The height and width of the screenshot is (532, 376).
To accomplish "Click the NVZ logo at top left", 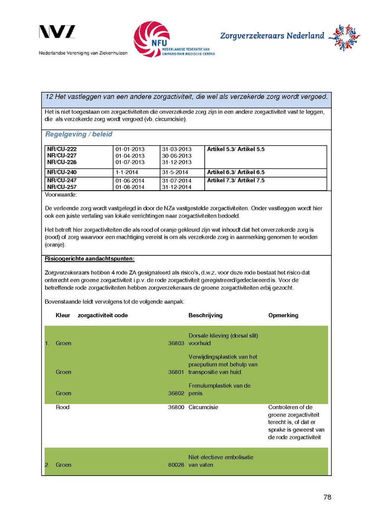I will pos(57,32).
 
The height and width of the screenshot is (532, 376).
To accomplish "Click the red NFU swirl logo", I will pos(151,39).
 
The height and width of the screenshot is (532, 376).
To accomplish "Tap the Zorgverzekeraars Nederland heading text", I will pos(272,36).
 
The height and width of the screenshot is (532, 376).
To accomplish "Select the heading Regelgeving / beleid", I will pos(79,135).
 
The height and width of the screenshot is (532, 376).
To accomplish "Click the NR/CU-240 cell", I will pos(62,172).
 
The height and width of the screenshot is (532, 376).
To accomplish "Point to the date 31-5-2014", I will pos(175,172).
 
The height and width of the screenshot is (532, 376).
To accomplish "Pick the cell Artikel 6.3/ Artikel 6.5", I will pos(236,172).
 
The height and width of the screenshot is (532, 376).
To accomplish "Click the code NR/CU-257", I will pos(62,187).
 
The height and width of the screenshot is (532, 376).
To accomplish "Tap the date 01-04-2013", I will pos(130,155).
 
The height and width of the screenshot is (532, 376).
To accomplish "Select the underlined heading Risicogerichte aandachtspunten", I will pos(89,259).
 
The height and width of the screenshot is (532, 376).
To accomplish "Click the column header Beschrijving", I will pos(206,316).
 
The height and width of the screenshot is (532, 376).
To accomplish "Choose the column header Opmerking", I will pos(283,316).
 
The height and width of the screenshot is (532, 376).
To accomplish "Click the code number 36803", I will pos(176,344).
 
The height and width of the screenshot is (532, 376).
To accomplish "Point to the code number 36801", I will pos(176,372).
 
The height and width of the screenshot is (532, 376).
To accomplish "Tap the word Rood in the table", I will pos(63,407).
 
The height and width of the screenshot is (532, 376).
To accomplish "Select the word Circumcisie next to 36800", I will pos(203,407).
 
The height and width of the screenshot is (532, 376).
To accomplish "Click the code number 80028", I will pos(176,465).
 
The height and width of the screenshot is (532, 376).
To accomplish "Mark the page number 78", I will pos(327,497).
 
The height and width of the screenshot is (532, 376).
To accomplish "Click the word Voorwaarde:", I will pos(61,195).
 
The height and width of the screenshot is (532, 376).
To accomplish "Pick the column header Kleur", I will pos(63,316).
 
